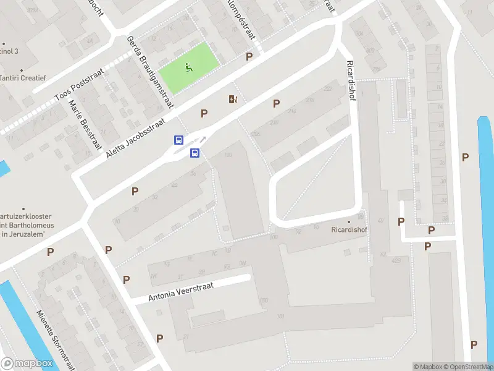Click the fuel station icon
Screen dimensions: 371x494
(x=233, y=99)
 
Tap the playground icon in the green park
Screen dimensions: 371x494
(x=190, y=67)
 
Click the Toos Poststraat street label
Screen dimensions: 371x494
(x=78, y=87)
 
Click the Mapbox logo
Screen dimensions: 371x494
(x=27, y=364)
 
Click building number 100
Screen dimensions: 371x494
(x=228, y=155)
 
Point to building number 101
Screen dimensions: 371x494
(x=281, y=317)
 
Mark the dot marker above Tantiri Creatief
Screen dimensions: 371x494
(x=21, y=70)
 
